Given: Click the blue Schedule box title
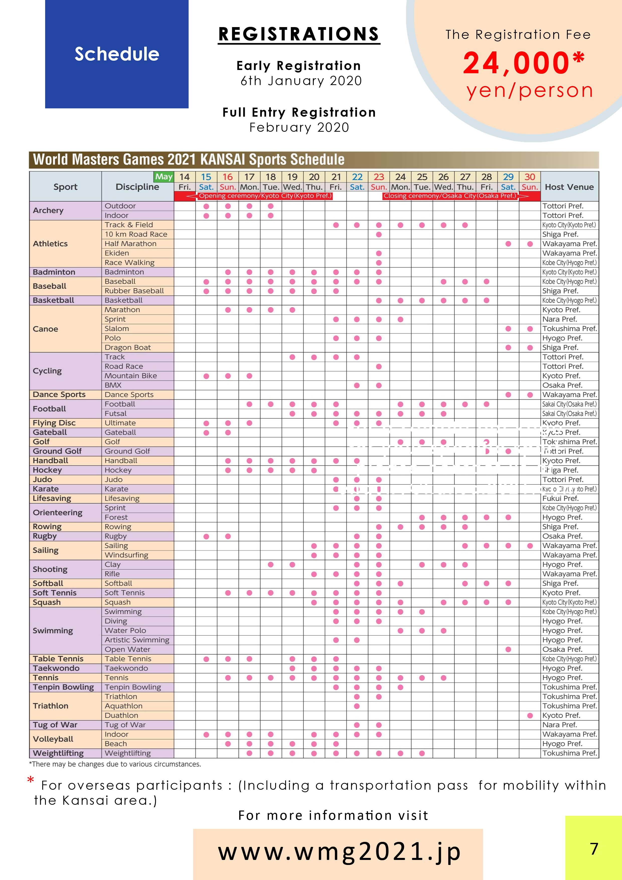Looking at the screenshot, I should [x=117, y=54].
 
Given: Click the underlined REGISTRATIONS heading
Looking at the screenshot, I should [x=299, y=34].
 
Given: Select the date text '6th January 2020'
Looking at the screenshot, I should [x=301, y=81].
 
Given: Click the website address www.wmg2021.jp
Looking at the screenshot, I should [x=339, y=852].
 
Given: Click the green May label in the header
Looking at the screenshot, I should [x=164, y=177].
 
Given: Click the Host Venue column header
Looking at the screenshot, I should [x=569, y=187].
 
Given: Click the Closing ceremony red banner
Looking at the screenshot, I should [x=450, y=196].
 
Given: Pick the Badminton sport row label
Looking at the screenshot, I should [x=54, y=272].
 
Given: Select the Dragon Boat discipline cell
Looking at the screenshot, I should [x=128, y=348].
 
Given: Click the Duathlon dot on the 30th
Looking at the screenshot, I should [x=530, y=716].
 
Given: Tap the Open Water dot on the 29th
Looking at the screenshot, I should [x=508, y=649].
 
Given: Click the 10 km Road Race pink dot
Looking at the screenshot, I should [x=379, y=235].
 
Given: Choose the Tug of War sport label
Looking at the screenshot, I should [x=55, y=725].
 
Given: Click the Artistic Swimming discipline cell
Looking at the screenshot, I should [x=137, y=640].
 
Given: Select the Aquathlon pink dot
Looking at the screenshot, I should [x=357, y=706].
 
